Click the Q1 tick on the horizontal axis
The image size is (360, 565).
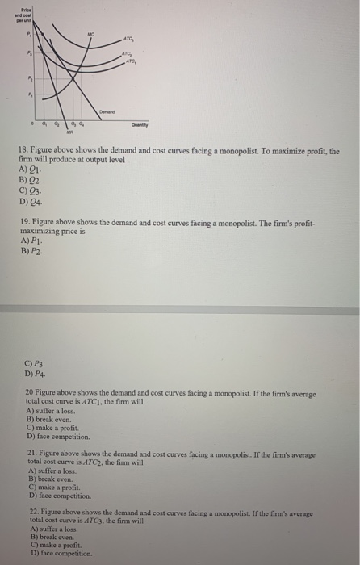pyautogui.click(x=46, y=124)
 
